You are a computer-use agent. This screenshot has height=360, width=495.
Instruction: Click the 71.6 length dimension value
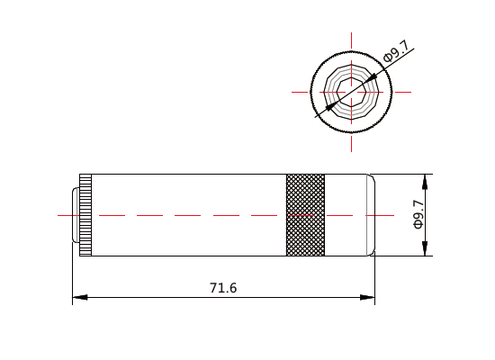click(x=223, y=288)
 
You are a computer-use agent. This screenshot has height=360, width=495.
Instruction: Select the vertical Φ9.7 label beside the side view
click(x=418, y=214)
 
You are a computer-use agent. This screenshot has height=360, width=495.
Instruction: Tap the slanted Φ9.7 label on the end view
click(x=396, y=50)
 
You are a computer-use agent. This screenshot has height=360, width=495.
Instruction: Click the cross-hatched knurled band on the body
click(x=305, y=215)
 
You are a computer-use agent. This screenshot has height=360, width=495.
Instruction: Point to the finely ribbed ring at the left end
click(x=85, y=215)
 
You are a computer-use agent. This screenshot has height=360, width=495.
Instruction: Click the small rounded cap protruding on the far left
click(x=76, y=215)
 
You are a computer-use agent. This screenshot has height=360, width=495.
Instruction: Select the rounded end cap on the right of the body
click(x=371, y=215)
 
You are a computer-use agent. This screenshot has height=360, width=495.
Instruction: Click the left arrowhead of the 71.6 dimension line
click(x=80, y=297)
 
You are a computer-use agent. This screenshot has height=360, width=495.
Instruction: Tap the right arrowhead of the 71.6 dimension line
click(x=367, y=297)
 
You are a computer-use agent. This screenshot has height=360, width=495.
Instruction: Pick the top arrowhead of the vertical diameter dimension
click(x=425, y=182)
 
